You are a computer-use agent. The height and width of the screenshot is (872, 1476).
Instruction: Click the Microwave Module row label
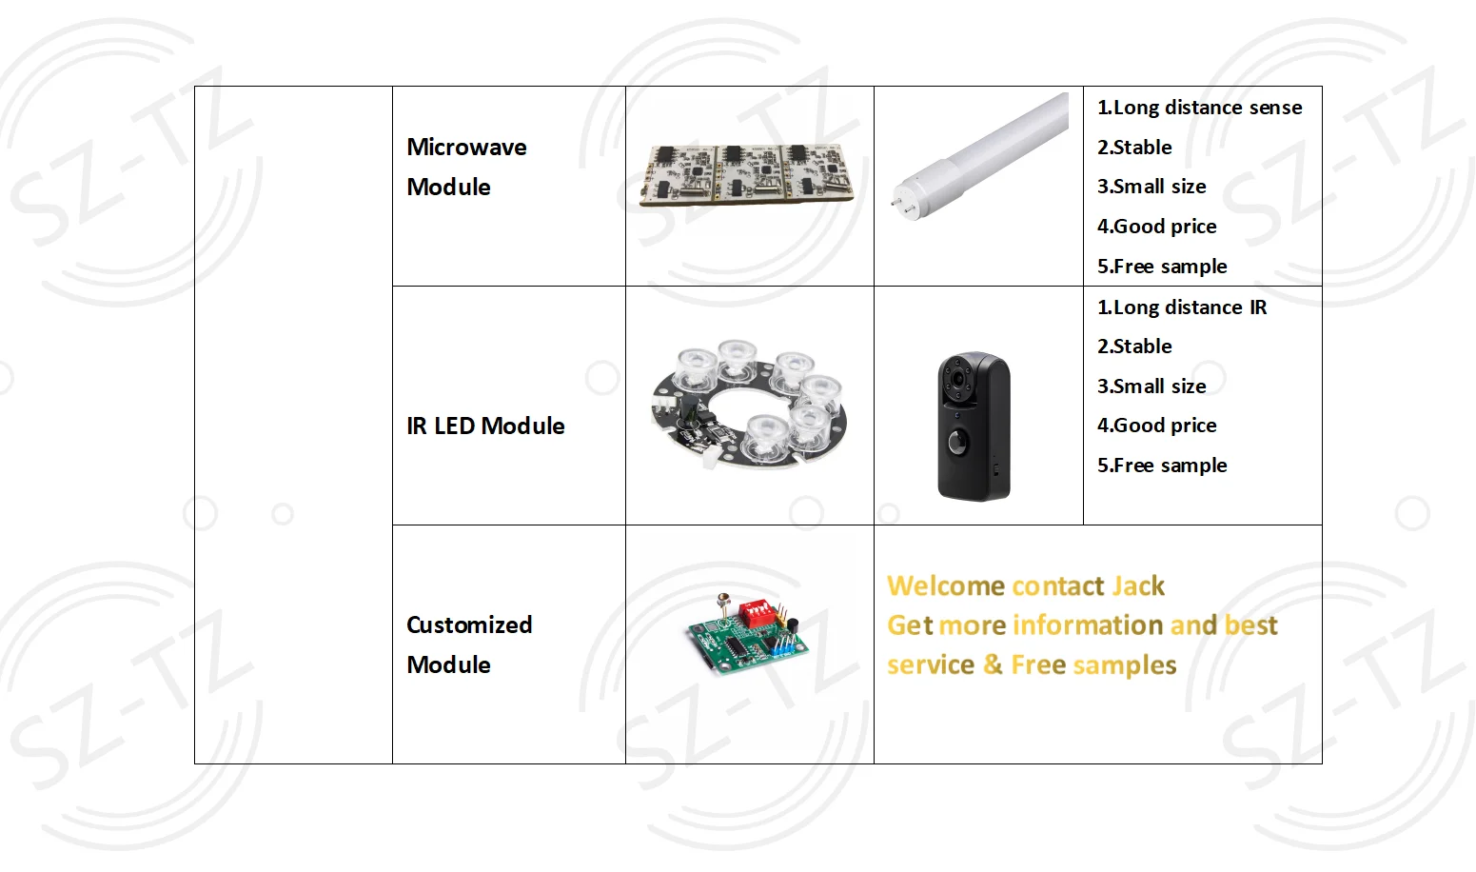point(466,167)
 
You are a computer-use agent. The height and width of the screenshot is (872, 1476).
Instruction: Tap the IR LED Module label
point(485,426)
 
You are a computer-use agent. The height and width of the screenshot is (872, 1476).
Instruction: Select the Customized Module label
point(468,644)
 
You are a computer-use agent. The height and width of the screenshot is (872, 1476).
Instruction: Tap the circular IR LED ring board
point(749,404)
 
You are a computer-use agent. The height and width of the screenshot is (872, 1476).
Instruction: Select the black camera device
point(973,426)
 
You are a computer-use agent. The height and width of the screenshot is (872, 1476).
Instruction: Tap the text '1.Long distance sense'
point(1199,108)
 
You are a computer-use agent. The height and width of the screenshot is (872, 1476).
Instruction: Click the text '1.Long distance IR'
point(1182,307)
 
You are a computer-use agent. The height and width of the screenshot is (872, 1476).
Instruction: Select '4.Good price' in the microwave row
point(1156,227)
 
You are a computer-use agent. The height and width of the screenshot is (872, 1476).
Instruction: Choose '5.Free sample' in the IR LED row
point(1162,466)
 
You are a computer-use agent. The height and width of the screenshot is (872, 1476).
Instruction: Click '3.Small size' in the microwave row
point(1151,187)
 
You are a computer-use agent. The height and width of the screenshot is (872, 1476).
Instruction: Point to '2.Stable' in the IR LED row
point(1134,347)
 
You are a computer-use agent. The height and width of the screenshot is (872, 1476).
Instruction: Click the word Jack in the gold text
point(1137,585)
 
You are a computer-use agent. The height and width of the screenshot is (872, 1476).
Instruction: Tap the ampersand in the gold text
point(993,664)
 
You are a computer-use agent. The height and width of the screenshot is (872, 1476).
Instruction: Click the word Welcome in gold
point(946,585)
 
